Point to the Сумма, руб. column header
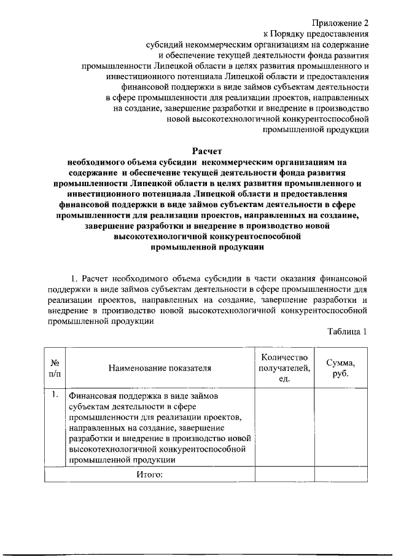[340, 368]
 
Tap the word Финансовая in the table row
[91, 396]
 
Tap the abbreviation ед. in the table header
[284, 379]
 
